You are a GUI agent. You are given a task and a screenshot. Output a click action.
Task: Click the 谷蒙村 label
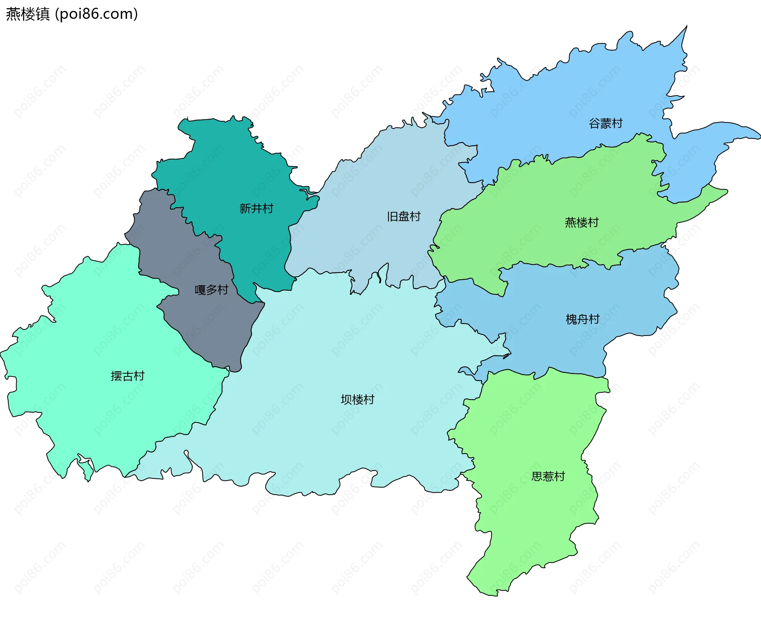pyautogui.click(x=605, y=123)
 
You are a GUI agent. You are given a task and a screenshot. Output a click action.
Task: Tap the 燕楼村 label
pyautogui.click(x=581, y=223)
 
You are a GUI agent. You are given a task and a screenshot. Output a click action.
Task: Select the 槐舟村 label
pyautogui.click(x=582, y=319)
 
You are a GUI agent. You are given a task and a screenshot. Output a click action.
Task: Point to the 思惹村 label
pyautogui.click(x=548, y=476)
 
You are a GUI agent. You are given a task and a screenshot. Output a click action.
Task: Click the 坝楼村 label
pyautogui.click(x=358, y=399)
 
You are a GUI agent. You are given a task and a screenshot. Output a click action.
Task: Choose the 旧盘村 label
pyautogui.click(x=403, y=217)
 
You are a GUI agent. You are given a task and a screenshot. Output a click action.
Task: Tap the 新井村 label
pyautogui.click(x=256, y=209)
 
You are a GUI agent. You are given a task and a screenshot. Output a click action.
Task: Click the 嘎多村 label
pyautogui.click(x=211, y=290)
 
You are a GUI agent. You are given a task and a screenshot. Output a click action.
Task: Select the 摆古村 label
pyautogui.click(x=128, y=376)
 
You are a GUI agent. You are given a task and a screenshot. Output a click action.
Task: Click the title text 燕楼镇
pyautogui.click(x=28, y=14)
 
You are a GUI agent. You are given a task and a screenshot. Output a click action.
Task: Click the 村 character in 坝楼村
pyautogui.click(x=369, y=399)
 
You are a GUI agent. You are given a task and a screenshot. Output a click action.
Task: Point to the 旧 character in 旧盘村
pyautogui.click(x=392, y=217)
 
